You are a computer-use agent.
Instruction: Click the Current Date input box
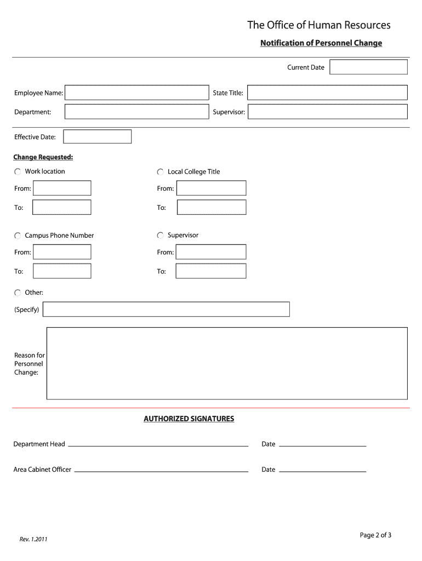368,67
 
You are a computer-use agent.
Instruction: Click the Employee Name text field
136,93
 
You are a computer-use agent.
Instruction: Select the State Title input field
327,93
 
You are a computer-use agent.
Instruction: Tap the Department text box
136,112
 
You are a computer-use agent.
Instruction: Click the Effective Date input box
98,136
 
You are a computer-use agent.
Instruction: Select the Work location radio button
18,172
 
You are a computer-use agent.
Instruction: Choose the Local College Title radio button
161,172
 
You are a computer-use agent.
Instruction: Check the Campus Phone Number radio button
18,236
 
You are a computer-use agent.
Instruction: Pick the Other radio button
18,293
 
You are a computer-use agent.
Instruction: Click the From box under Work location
62,188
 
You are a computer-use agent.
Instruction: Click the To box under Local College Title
211,208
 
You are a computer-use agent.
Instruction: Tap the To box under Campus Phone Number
62,271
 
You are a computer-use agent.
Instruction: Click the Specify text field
166,310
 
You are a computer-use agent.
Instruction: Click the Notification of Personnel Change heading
321,43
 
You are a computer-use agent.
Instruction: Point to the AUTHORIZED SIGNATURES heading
189,419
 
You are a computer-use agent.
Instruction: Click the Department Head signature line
158,444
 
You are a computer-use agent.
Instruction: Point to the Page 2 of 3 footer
375,535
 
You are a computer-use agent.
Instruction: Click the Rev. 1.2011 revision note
33,540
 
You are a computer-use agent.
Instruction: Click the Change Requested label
43,157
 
